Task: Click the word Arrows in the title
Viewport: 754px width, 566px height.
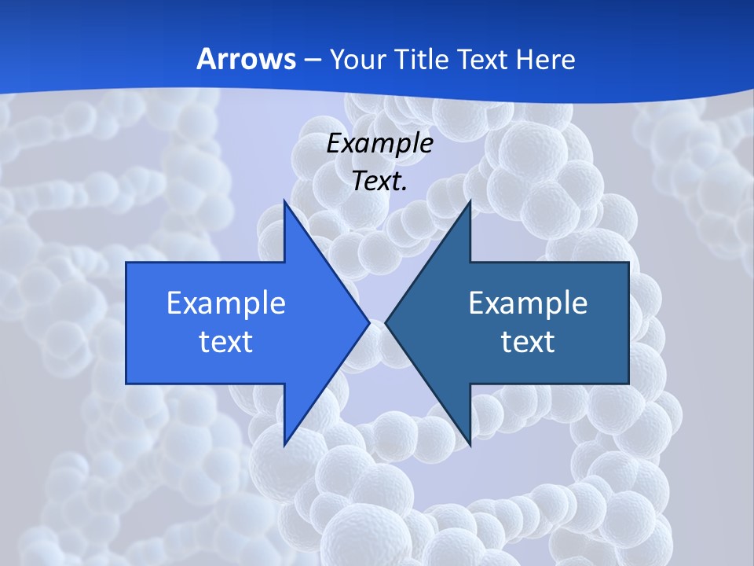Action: pyautogui.click(x=246, y=59)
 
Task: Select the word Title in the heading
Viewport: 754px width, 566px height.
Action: pyautogui.click(x=423, y=59)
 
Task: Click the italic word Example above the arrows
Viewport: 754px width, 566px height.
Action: pyautogui.click(x=379, y=143)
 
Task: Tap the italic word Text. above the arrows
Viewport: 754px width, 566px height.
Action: pyautogui.click(x=379, y=181)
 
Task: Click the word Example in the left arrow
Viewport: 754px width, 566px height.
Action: pyautogui.click(x=226, y=303)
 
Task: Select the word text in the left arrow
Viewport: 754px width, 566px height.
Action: pyautogui.click(x=226, y=341)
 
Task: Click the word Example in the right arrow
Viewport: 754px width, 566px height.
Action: pyautogui.click(x=528, y=303)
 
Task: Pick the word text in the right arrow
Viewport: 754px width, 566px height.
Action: pyautogui.click(x=528, y=341)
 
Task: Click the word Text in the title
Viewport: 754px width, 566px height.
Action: pyautogui.click(x=483, y=59)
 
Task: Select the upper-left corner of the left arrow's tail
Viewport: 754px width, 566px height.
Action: pyautogui.click(x=127, y=263)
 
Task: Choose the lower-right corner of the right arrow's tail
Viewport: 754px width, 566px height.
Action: pyautogui.click(x=628, y=383)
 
